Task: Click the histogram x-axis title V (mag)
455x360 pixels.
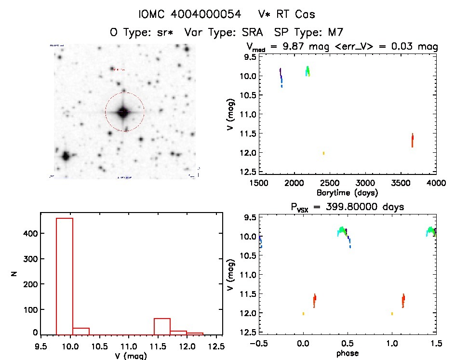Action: (131, 356)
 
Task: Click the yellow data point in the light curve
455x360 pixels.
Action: (323, 153)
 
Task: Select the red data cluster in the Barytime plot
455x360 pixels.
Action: (413, 140)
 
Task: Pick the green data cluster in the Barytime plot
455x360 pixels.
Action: (308, 71)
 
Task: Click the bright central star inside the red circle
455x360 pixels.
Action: (123, 112)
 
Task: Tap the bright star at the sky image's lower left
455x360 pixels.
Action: (66, 156)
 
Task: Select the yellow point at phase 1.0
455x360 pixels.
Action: (392, 314)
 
